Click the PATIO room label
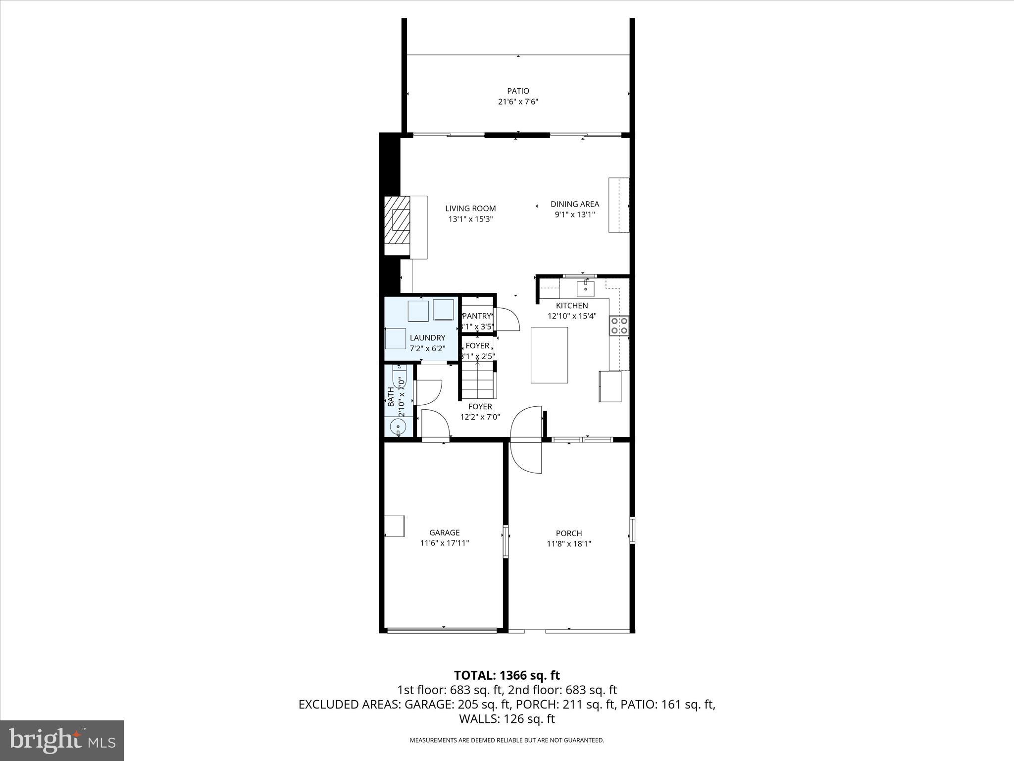pyautogui.click(x=518, y=91)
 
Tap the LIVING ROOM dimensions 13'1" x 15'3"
pyautogui.click(x=470, y=219)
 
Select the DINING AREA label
pyautogui.click(x=574, y=204)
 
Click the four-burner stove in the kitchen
pyautogui.click(x=619, y=326)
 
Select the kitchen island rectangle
pyautogui.click(x=549, y=355)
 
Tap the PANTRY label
pyautogui.click(x=477, y=316)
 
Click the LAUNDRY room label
pyautogui.click(x=427, y=338)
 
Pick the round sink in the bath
pyautogui.click(x=398, y=426)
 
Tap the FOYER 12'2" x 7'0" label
pyautogui.click(x=480, y=412)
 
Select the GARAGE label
pyautogui.click(x=444, y=533)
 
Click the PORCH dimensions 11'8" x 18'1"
pyautogui.click(x=569, y=544)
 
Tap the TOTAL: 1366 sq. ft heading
pyautogui.click(x=507, y=675)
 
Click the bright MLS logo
pyautogui.click(x=62, y=741)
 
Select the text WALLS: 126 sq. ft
pyautogui.click(x=507, y=719)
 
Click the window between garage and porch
pyautogui.click(x=506, y=541)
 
